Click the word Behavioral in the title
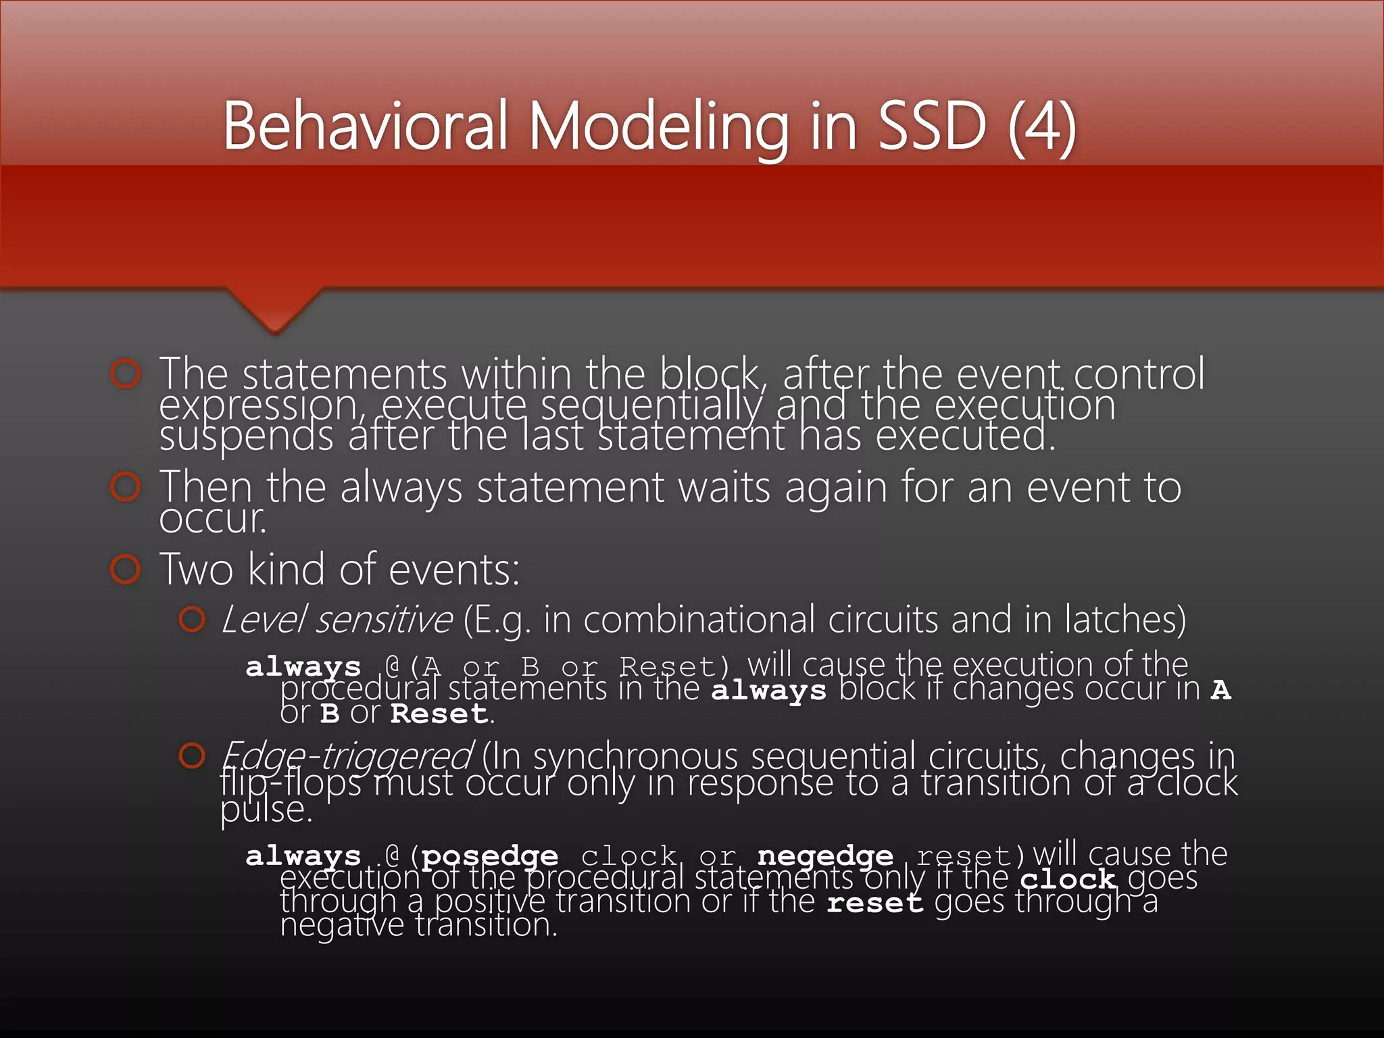click(x=365, y=126)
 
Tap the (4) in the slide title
click(x=1041, y=126)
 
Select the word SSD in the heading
click(x=931, y=126)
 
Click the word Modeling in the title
click(x=658, y=126)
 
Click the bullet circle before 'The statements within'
click(x=126, y=374)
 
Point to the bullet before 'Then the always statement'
click(x=126, y=487)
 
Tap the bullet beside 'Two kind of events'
click(x=126, y=569)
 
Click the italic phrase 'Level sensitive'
click(x=336, y=619)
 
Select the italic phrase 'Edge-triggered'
click(x=347, y=756)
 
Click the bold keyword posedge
click(x=489, y=856)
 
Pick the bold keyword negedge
click(x=825, y=856)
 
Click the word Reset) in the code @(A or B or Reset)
click(x=675, y=667)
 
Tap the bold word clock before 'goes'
click(x=1067, y=879)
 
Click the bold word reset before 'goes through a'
click(x=874, y=903)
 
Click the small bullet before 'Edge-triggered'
click(x=192, y=756)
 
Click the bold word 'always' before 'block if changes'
click(x=768, y=691)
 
